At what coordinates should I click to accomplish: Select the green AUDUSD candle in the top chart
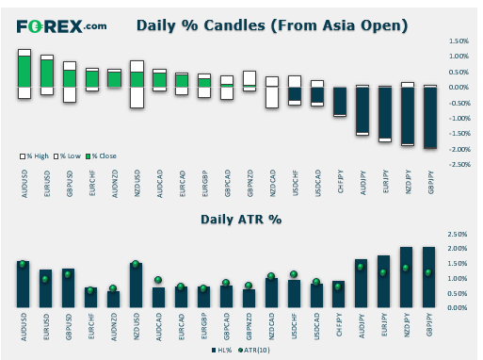(x=24, y=71)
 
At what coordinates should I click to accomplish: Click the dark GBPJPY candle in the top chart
(x=430, y=117)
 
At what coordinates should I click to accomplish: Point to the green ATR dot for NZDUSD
(x=136, y=264)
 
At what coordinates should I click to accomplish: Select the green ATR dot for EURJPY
(x=384, y=272)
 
